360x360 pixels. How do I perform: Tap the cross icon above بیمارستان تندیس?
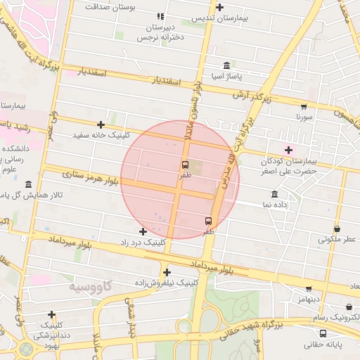pyautogui.click(x=220, y=8)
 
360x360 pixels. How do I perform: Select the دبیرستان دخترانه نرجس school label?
pyautogui.click(x=160, y=32)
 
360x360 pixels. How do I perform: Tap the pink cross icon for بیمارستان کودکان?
pyautogui.click(x=288, y=149)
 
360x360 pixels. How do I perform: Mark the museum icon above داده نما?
pyautogui.click(x=274, y=193)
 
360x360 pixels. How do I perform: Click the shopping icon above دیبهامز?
pyautogui.click(x=308, y=288)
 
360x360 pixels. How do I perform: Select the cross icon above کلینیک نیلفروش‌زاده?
pyautogui.click(x=167, y=272)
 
